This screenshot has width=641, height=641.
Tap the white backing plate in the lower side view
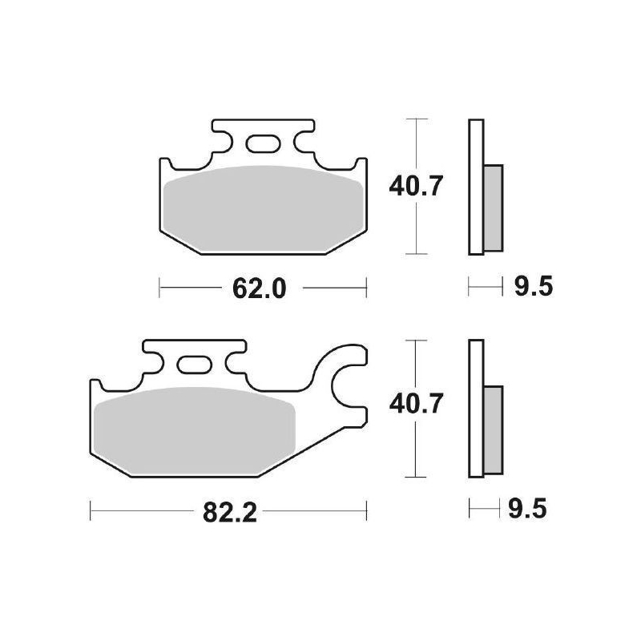pyautogui.click(x=476, y=409)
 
